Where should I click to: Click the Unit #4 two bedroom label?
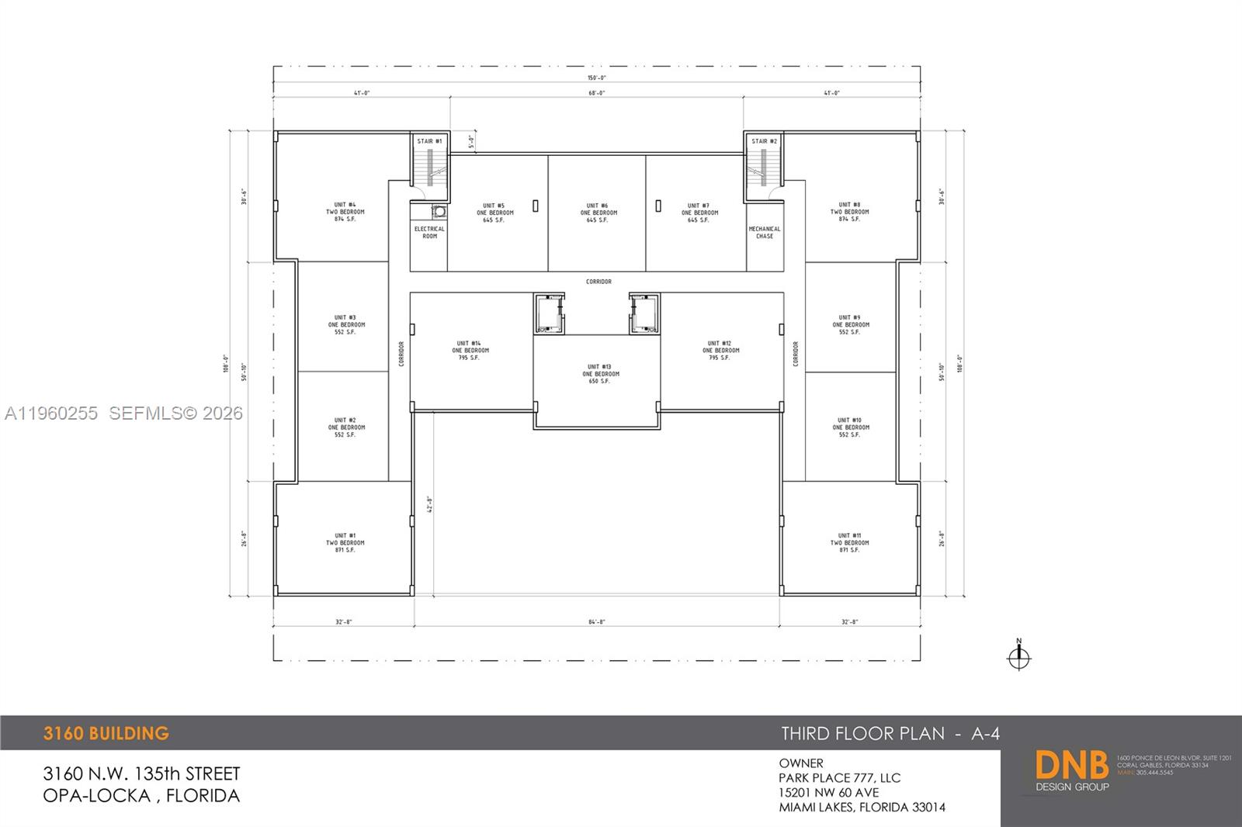pyautogui.click(x=345, y=212)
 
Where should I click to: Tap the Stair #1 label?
pyautogui.click(x=429, y=141)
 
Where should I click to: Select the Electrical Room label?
pyautogui.click(x=429, y=232)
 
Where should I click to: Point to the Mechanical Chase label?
pyautogui.click(x=765, y=232)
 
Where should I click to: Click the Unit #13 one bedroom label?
pyautogui.click(x=600, y=374)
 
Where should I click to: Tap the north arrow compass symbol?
pyautogui.click(x=1018, y=657)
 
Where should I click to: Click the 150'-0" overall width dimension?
pyautogui.click(x=596, y=78)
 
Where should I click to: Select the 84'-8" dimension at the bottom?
pyautogui.click(x=596, y=621)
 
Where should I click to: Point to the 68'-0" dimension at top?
pyautogui.click(x=596, y=93)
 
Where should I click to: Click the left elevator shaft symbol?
pyautogui.click(x=550, y=314)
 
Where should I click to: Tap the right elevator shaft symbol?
pyautogui.click(x=644, y=314)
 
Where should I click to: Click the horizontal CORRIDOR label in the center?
pyautogui.click(x=598, y=282)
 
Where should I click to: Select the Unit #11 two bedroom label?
pyautogui.click(x=849, y=542)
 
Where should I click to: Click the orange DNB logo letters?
pyautogui.click(x=1072, y=766)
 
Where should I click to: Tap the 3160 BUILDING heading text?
pyautogui.click(x=106, y=733)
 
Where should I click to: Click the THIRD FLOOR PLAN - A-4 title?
pyautogui.click(x=890, y=733)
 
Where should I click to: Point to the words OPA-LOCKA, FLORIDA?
pyautogui.click(x=141, y=795)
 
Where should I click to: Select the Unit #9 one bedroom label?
pyautogui.click(x=850, y=324)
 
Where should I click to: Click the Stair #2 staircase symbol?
pyautogui.click(x=764, y=168)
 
